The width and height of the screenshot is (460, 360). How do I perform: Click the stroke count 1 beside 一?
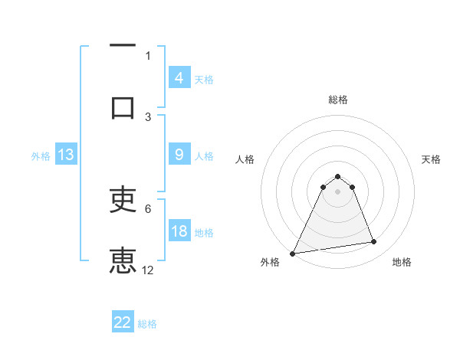(x=148, y=55)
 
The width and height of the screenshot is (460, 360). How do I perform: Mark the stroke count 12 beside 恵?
(x=148, y=270)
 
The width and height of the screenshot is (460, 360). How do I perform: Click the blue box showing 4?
(x=179, y=77)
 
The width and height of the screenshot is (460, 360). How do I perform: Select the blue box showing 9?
(x=179, y=155)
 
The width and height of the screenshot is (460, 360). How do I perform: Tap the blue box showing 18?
(x=179, y=231)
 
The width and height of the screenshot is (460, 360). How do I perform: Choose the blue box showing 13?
(x=65, y=155)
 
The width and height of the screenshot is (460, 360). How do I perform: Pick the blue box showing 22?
(x=123, y=322)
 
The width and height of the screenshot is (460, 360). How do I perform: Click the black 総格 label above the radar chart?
(x=338, y=100)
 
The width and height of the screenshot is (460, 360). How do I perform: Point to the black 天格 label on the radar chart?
(x=432, y=159)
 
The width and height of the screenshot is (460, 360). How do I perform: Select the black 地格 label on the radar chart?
(x=402, y=263)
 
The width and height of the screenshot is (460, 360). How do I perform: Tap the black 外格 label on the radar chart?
(x=270, y=263)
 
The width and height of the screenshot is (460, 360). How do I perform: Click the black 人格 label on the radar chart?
(x=245, y=159)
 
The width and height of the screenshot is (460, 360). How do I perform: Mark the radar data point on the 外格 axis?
(x=293, y=253)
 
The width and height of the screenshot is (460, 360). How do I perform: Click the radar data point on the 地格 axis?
(x=373, y=242)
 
